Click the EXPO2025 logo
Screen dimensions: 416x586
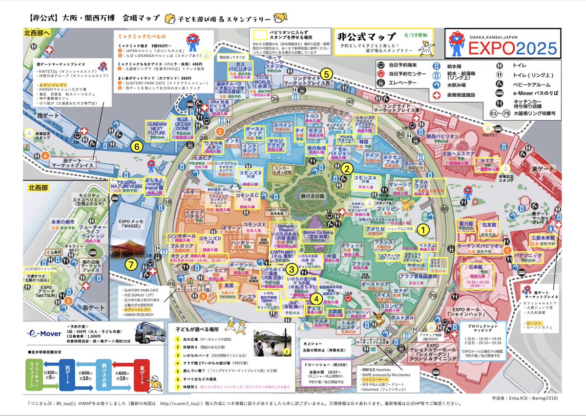pos(503,44)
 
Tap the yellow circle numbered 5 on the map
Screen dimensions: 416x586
pos(328,74)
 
